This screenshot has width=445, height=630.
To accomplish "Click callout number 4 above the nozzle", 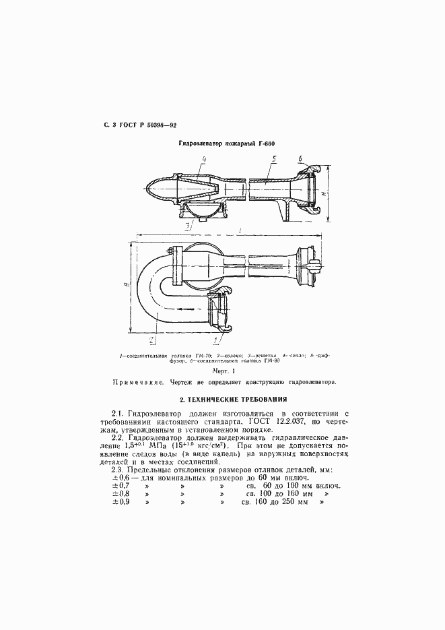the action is [203, 160].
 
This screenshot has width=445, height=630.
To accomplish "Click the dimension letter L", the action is [236, 230].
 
